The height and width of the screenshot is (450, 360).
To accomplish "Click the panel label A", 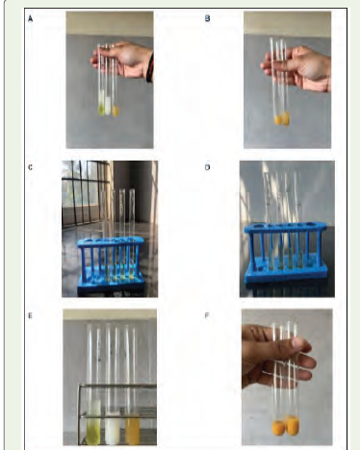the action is tap(30, 19).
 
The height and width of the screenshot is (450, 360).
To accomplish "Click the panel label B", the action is tap(207, 18).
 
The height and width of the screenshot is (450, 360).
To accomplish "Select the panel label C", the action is tap(30, 167).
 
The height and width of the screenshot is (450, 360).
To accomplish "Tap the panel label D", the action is tap(207, 167).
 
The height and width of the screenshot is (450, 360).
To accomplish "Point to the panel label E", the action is tap(30, 315).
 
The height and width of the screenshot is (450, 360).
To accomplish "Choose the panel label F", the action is tap(207, 315).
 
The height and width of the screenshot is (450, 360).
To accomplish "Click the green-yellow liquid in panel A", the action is tap(101, 110).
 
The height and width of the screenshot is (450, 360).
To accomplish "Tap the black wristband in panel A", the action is tap(150, 68).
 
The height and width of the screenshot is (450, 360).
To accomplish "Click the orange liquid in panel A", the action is tap(116, 112).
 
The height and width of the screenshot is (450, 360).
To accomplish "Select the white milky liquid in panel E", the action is tap(113, 429).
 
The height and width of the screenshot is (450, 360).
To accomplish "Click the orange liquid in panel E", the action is tap(133, 431).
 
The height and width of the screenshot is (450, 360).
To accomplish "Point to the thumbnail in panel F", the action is tap(299, 344).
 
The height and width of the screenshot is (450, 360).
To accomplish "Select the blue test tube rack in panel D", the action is tap(286, 253).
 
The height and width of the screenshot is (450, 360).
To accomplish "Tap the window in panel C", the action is tap(86, 193).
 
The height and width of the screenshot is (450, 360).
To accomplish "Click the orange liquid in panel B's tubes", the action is tap(283, 119).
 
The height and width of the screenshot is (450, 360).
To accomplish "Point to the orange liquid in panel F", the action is tap(286, 426).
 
